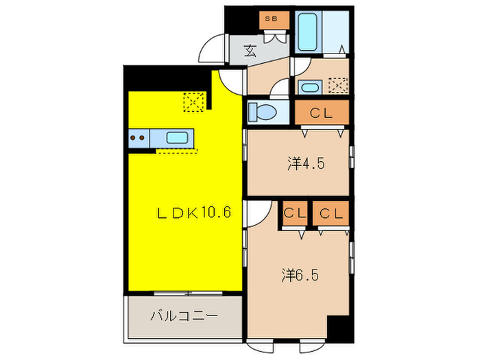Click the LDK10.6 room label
194,212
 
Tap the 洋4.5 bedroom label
306,163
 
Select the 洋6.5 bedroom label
300,275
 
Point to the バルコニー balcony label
184,315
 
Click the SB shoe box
274,20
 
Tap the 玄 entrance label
250,51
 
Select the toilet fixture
262,112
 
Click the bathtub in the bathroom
307,32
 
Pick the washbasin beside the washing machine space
310,87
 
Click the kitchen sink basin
177,138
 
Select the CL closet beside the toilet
322,112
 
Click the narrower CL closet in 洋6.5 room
294,213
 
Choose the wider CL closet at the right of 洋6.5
331,213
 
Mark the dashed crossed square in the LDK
194,101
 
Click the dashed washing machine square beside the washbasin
338,86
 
